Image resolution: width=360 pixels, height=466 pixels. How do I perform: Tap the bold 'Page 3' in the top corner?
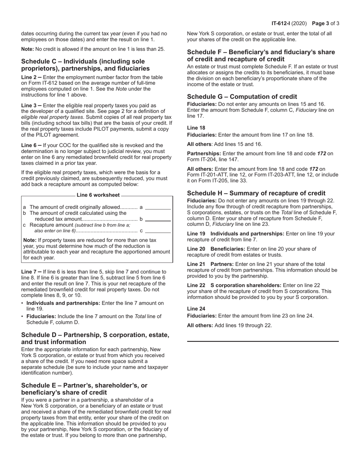pos(321,23)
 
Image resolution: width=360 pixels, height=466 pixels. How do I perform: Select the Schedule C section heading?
pos(85,65)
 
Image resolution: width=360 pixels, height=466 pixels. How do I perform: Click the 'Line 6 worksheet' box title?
pos(98,195)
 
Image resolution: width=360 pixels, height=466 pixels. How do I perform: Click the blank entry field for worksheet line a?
pos(158,207)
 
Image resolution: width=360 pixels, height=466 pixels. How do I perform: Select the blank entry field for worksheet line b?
pos(158,219)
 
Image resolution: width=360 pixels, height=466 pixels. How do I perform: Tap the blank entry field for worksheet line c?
pos(158,231)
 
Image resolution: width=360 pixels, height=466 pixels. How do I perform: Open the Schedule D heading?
pos(95,338)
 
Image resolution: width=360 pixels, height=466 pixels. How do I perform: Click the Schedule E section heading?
pos(84,389)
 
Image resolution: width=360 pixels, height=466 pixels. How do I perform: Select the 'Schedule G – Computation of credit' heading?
pos(242,97)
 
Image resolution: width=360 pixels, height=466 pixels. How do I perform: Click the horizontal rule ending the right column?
pos(263,341)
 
